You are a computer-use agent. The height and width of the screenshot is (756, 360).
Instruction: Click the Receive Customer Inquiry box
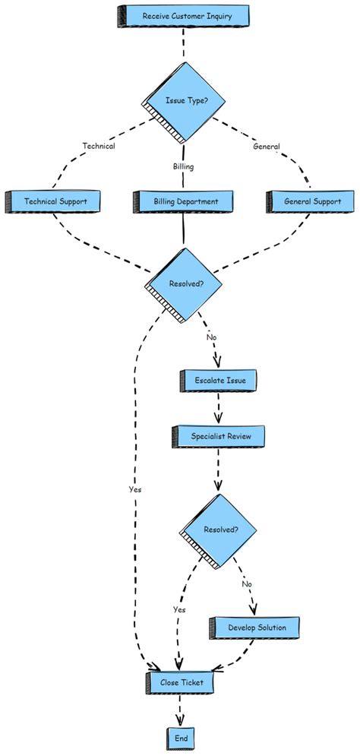[x=183, y=15]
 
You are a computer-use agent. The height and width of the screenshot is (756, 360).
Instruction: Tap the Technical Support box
[x=55, y=202]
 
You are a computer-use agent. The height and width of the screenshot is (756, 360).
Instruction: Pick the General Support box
[x=312, y=202]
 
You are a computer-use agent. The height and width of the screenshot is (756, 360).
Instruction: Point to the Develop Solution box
[x=257, y=628]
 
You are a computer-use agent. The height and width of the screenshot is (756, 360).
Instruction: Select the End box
[x=181, y=738]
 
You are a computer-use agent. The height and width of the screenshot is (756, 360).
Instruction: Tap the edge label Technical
[x=99, y=147]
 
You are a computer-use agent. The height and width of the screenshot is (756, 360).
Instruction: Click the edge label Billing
[x=183, y=166]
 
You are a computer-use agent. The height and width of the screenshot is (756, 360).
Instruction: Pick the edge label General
[x=266, y=147]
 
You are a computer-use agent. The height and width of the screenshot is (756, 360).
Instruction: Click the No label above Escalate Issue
[x=211, y=337]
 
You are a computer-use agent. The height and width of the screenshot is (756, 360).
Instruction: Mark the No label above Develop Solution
[x=247, y=584]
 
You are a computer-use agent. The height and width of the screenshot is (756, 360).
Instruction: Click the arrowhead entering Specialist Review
[x=219, y=420]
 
